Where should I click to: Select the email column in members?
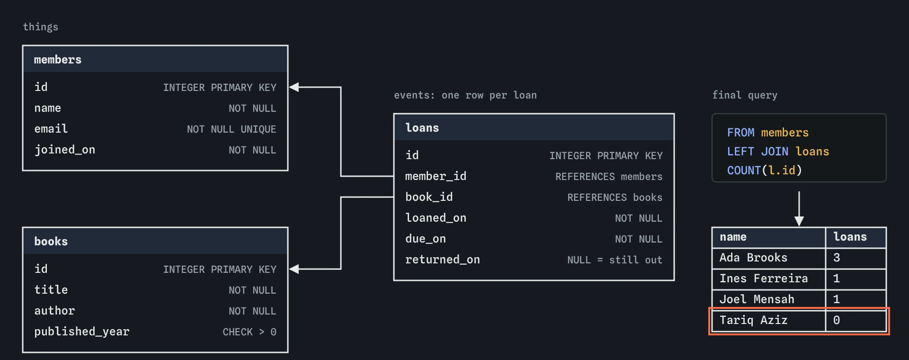51,129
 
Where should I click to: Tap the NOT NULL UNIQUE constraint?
232,129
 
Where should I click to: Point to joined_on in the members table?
65,150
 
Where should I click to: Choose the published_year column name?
82,332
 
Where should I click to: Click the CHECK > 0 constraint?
250,332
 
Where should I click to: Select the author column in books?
54,311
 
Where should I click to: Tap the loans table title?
422,128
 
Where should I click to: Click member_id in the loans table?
436,176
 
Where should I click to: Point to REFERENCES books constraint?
615,198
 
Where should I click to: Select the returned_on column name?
443,260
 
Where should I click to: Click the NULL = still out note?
615,260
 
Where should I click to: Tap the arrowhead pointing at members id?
294,87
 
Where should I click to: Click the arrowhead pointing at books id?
294,269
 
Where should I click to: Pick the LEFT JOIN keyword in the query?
758,152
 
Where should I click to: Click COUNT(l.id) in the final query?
765,171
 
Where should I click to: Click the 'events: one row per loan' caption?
465,95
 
